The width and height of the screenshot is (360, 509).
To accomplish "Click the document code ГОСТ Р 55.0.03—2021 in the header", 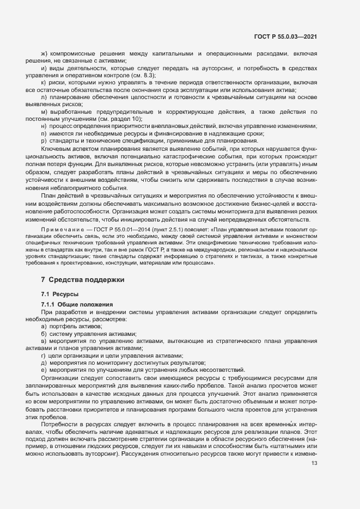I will (x=285, y=36).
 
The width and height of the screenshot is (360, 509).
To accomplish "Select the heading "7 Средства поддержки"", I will (x=83, y=280).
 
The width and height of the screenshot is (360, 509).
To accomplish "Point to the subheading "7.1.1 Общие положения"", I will (x=77, y=304).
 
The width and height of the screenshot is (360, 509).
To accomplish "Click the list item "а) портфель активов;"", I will (x=71, y=326).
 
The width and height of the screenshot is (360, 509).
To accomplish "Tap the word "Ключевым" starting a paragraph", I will (x=56, y=148).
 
